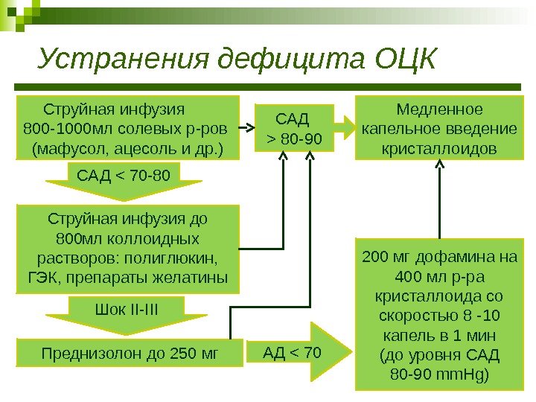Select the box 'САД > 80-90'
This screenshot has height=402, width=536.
click(x=293, y=128)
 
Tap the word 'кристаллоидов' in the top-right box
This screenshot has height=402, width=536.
click(x=438, y=149)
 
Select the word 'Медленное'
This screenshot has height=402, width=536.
click(x=438, y=110)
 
